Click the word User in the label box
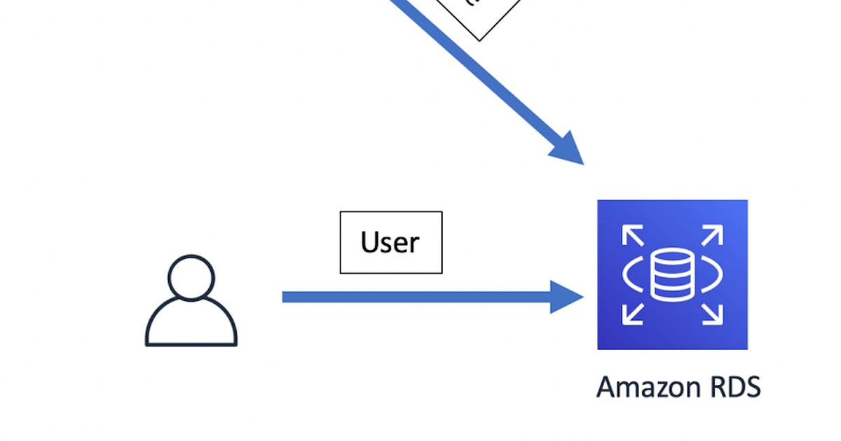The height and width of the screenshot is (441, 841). [x=390, y=242]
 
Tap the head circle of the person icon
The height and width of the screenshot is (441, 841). [x=191, y=277]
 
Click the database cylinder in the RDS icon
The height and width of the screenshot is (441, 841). [x=671, y=274]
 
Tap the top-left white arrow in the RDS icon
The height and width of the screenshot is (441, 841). [x=632, y=237]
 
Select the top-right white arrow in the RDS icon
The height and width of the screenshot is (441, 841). [x=712, y=237]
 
